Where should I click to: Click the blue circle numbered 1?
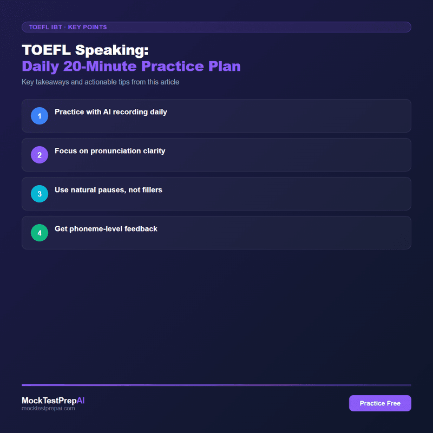pyautogui.click(x=40, y=116)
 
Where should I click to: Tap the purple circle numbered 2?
pyautogui.click(x=40, y=155)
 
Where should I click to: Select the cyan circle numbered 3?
pyautogui.click(x=40, y=194)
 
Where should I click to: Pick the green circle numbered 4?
pyautogui.click(x=40, y=233)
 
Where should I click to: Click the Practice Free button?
pyautogui.click(x=380, y=403)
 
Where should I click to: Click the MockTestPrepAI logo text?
pyautogui.click(x=53, y=401)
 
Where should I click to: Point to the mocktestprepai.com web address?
pyautogui.click(x=48, y=409)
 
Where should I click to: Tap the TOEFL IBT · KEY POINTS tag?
pyautogui.click(x=68, y=27)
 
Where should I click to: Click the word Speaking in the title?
pyautogui.click(x=111, y=50)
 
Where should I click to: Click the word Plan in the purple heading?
pyautogui.click(x=225, y=67)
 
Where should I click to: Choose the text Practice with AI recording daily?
pyautogui.click(x=111, y=112)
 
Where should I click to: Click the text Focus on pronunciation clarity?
pyautogui.click(x=110, y=151)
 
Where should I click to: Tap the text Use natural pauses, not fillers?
pyautogui.click(x=108, y=190)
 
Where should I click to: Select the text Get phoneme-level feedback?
pyautogui.click(x=106, y=229)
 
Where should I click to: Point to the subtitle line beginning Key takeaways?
pyautogui.click(x=100, y=82)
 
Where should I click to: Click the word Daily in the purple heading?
pyautogui.click(x=41, y=67)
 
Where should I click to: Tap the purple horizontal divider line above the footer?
pyautogui.click(x=216, y=385)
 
